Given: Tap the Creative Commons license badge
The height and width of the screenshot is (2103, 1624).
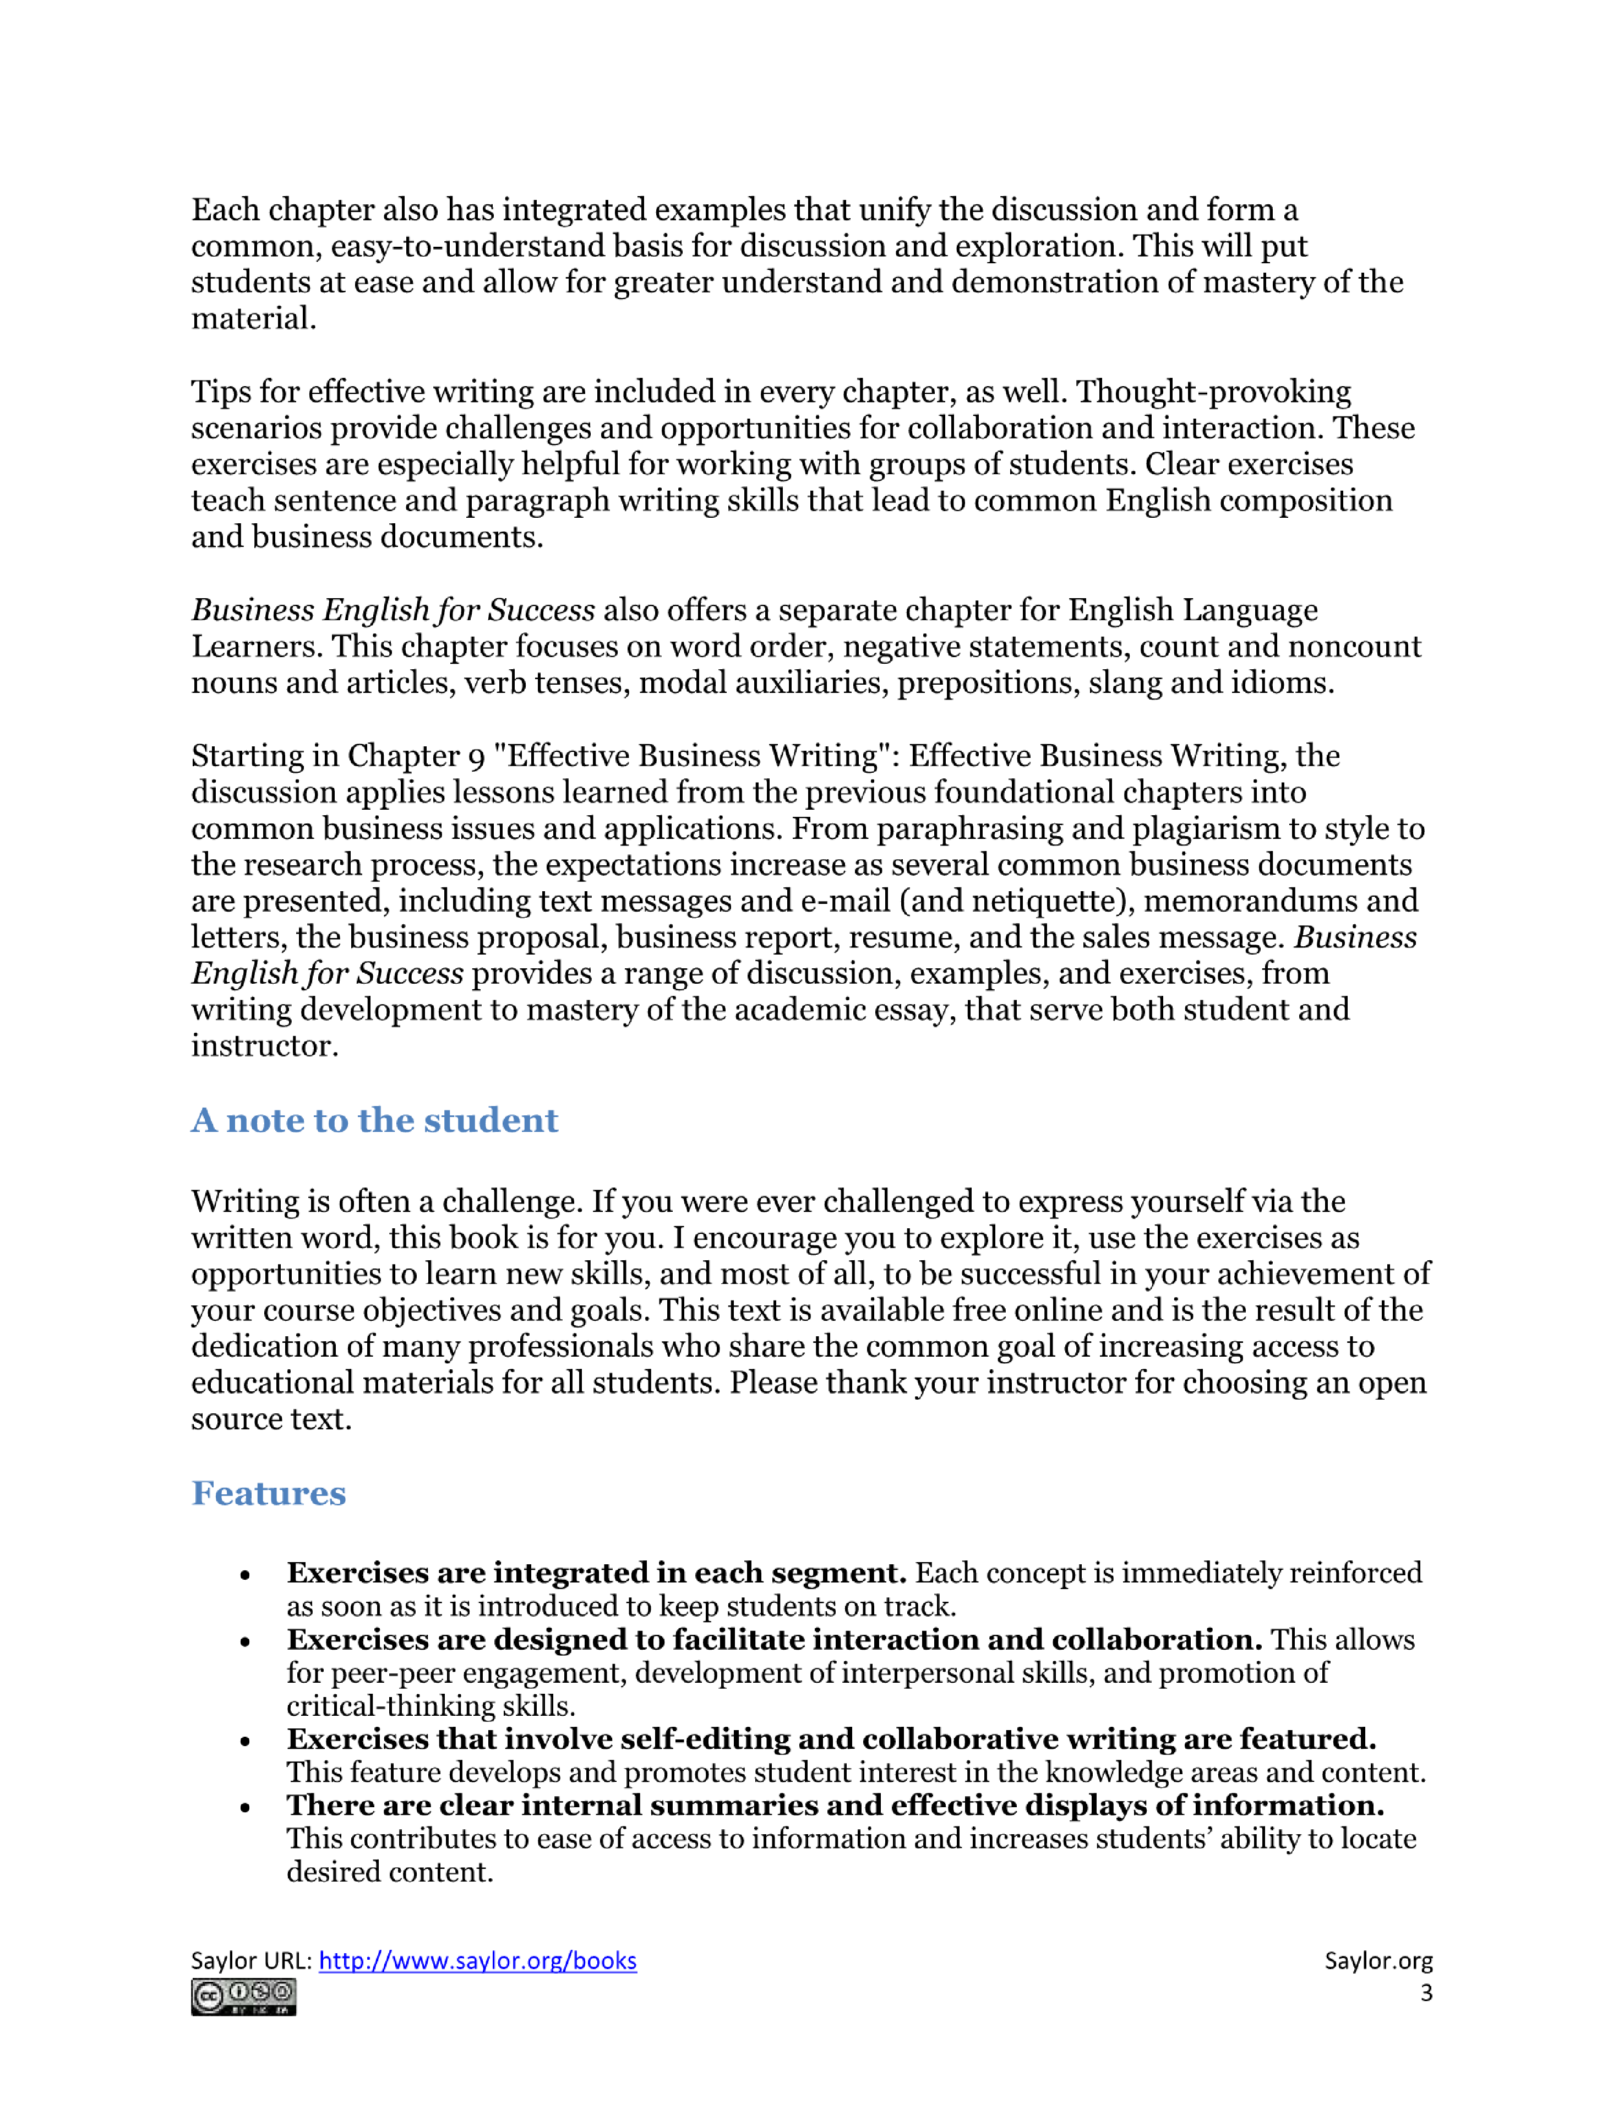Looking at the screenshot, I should pyautogui.click(x=243, y=1997).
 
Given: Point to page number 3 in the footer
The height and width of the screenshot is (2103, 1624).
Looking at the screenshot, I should pyautogui.click(x=1426, y=1993).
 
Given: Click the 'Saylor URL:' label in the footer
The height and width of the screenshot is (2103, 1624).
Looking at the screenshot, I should pyautogui.click(x=250, y=1960).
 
